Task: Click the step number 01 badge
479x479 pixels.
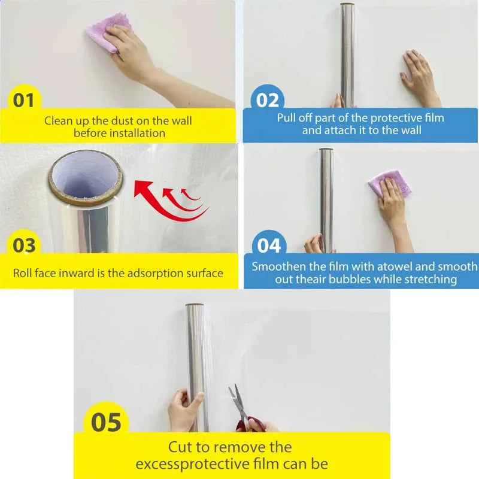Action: point(24,99)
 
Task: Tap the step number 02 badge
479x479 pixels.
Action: point(268,100)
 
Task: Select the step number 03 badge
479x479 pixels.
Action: point(24,245)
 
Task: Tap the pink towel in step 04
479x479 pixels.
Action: point(389,183)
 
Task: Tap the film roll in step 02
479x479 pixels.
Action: point(347,54)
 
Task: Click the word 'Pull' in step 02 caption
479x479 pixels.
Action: point(288,117)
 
